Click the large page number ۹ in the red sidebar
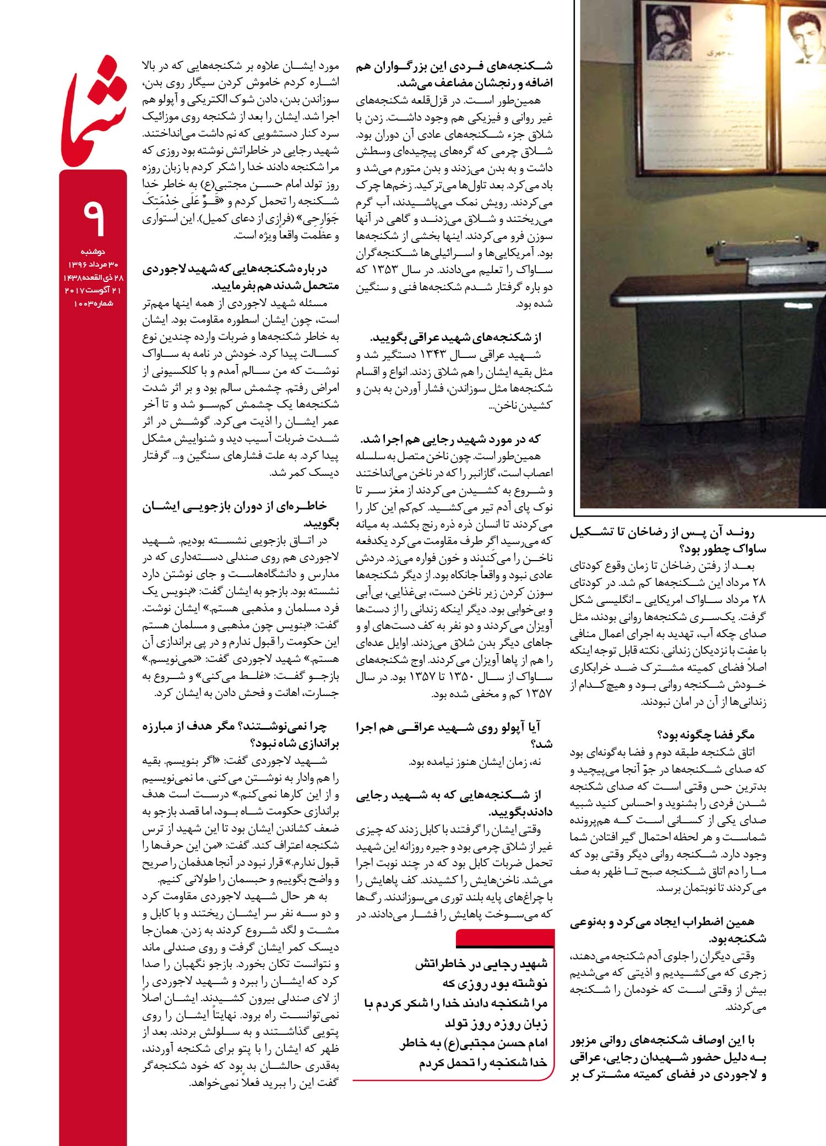pyautogui.click(x=93, y=216)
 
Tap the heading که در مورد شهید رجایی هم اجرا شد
pyautogui.click(x=451, y=439)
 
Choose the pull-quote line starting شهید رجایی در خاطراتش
pyautogui.click(x=481, y=963)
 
